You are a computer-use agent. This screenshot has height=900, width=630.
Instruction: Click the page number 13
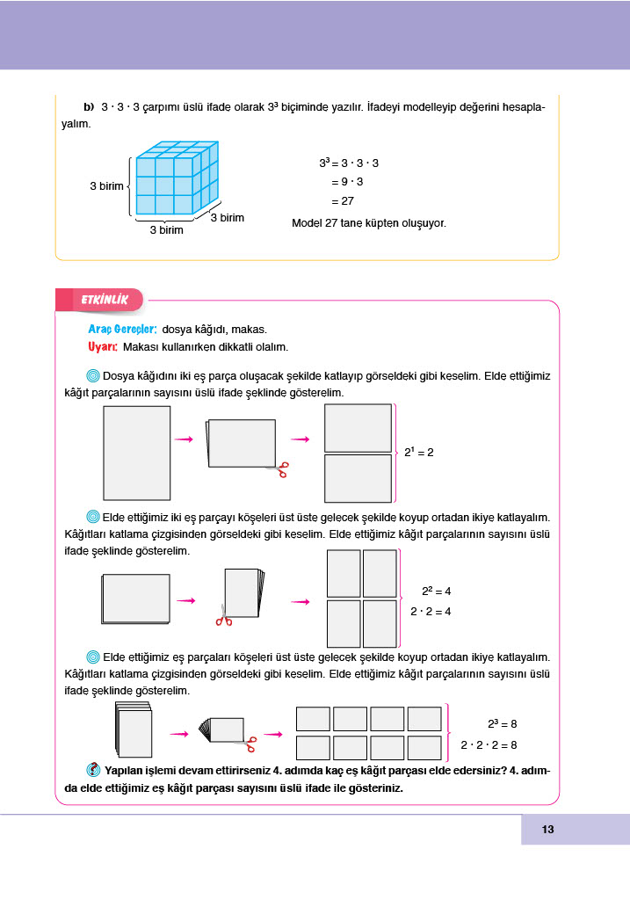point(547,830)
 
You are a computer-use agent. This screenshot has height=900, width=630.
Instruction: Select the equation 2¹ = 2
point(419,452)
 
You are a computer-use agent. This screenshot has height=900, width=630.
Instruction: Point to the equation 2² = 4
point(436,592)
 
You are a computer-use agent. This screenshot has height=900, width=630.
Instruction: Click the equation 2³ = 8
point(502,724)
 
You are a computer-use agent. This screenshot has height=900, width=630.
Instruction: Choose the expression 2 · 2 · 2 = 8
point(489,745)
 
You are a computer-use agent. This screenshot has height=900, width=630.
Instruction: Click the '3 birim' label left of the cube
point(106,186)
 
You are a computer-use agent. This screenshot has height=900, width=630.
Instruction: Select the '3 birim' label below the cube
point(166,230)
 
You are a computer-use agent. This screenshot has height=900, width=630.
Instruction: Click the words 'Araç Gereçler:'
point(122,329)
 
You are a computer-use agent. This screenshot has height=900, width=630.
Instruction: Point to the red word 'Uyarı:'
point(104,346)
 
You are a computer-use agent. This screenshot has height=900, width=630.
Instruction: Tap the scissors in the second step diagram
point(224,617)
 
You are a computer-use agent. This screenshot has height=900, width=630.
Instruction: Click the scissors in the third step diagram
point(250,744)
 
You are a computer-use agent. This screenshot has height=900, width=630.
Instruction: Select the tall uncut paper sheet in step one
point(136,453)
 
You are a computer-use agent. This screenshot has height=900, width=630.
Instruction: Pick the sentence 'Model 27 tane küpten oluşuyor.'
point(369,223)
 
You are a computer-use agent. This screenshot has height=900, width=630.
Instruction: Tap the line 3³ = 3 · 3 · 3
point(349,163)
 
